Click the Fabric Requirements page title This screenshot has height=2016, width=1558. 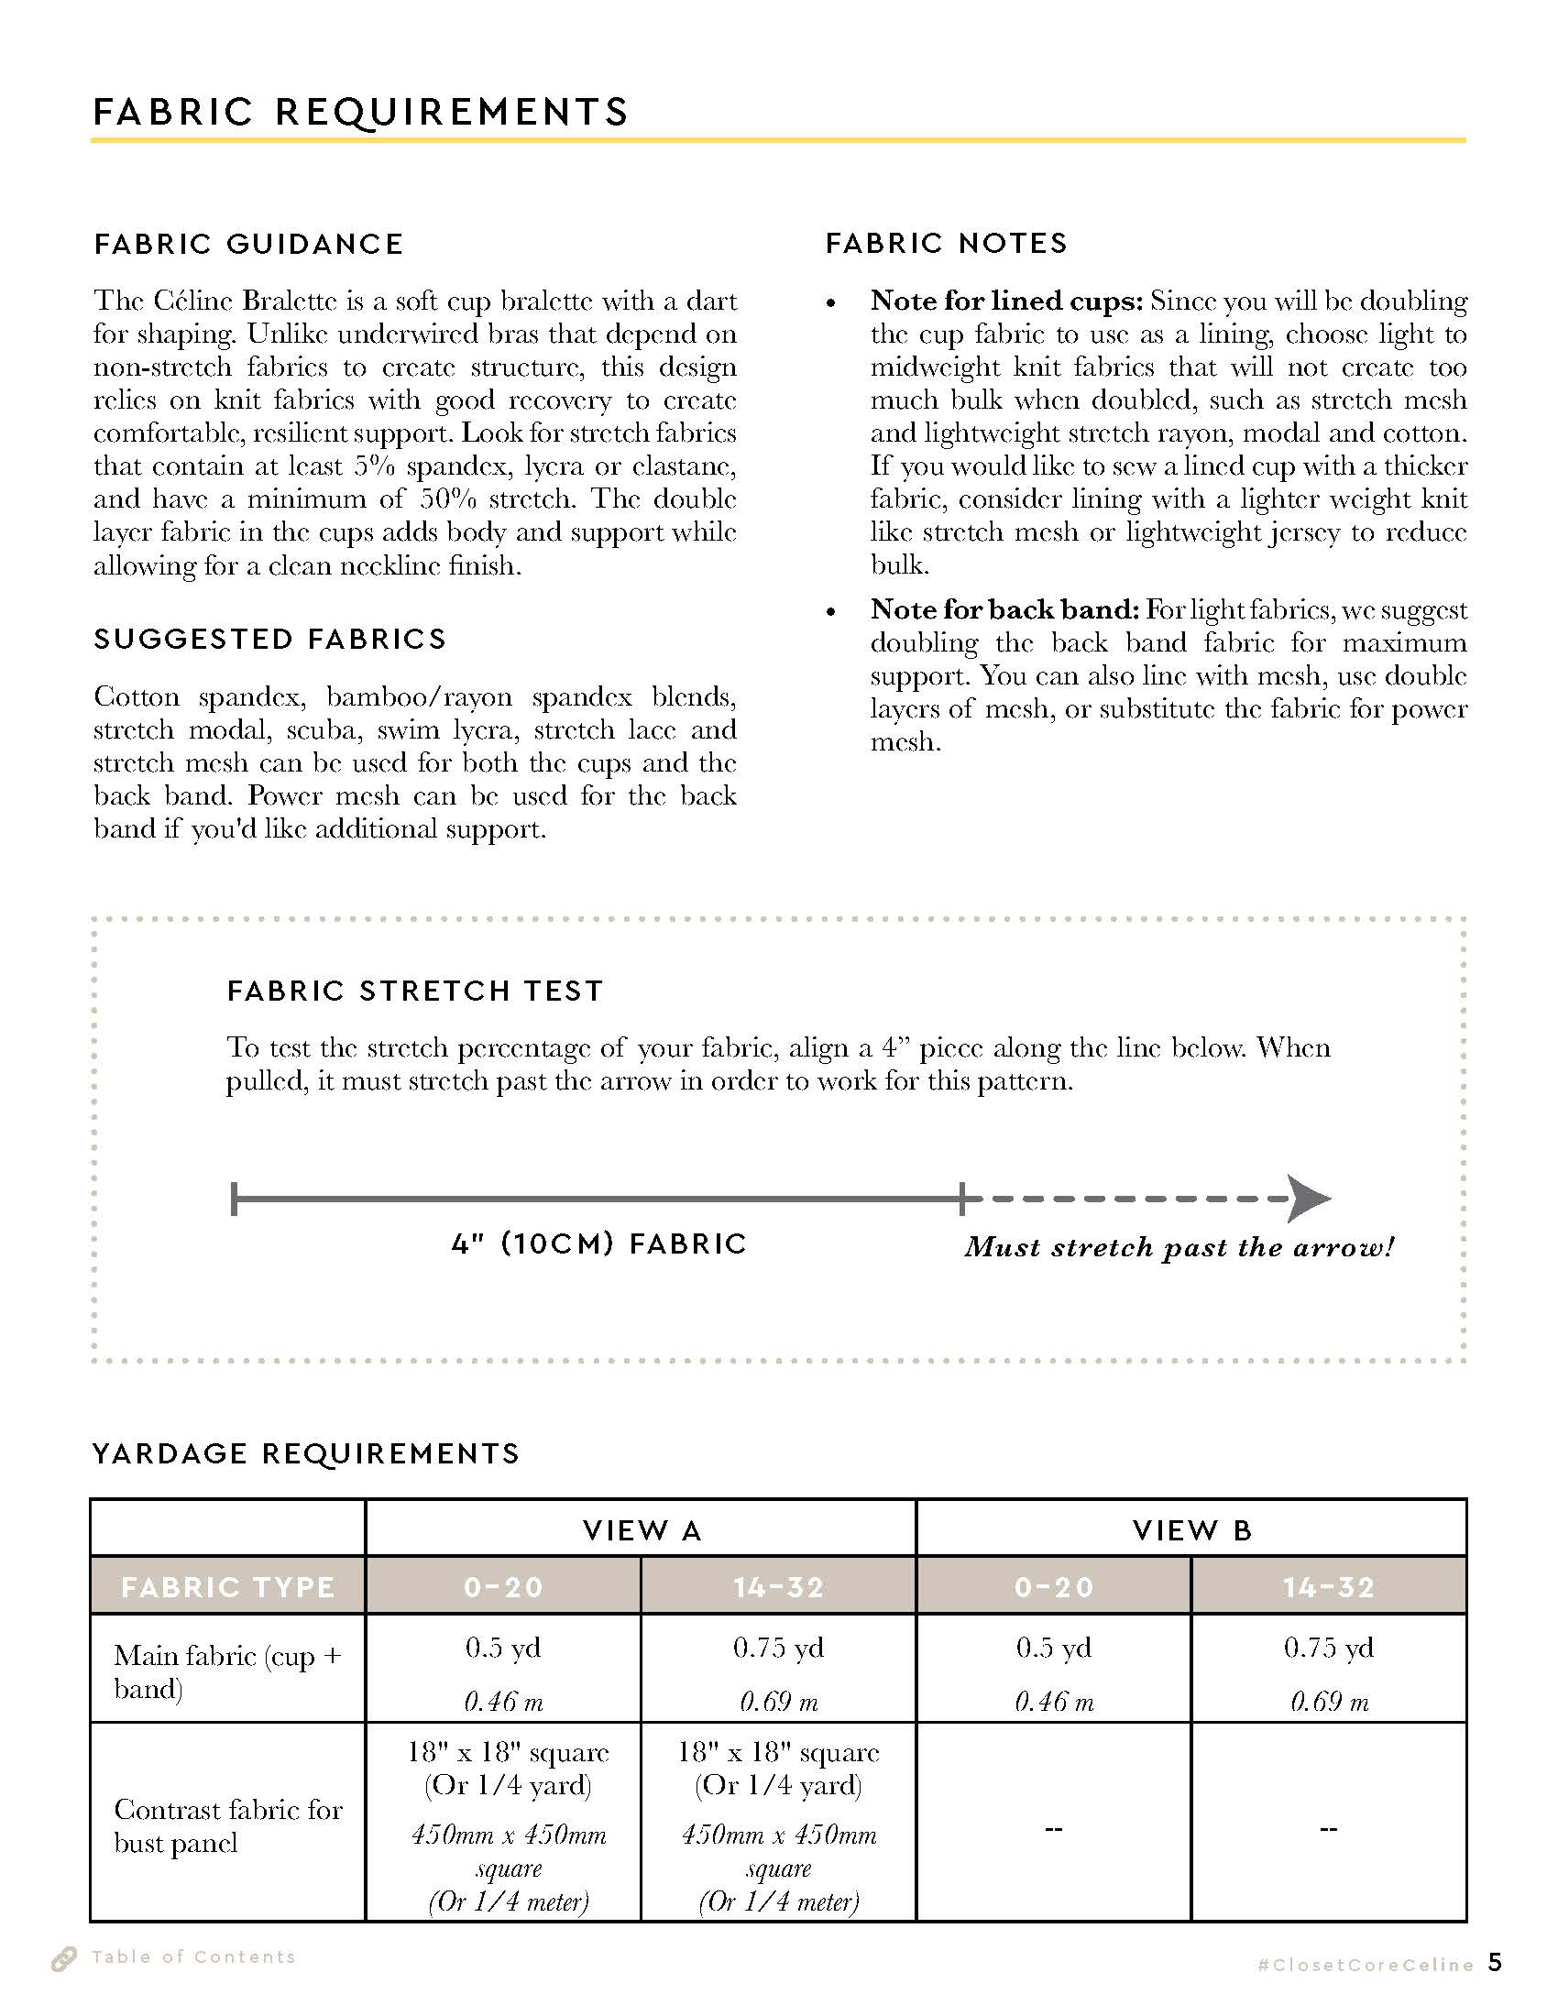coord(360,112)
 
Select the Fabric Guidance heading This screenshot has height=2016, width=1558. coord(249,244)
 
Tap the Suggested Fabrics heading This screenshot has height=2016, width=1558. coord(270,639)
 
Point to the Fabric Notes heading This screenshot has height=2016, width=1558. coord(947,243)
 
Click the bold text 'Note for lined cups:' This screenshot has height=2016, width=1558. coord(1006,301)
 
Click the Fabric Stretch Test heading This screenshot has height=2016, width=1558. coord(415,991)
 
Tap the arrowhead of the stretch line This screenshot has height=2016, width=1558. coord(1309,1199)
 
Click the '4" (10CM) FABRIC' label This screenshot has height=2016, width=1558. coord(599,1244)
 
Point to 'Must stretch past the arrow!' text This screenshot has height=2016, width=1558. coord(1179,1247)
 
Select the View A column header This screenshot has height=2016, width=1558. coord(642,1530)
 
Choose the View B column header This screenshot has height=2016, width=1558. coord(1191,1530)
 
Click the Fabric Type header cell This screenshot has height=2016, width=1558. coord(228,1587)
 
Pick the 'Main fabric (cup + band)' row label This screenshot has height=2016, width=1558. coord(227,1671)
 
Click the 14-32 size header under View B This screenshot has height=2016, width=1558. coord(1329,1587)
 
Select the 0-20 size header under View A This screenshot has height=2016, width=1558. coord(503,1587)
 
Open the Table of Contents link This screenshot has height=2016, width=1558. coord(193,1956)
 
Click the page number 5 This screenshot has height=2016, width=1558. coord(1496,1962)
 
